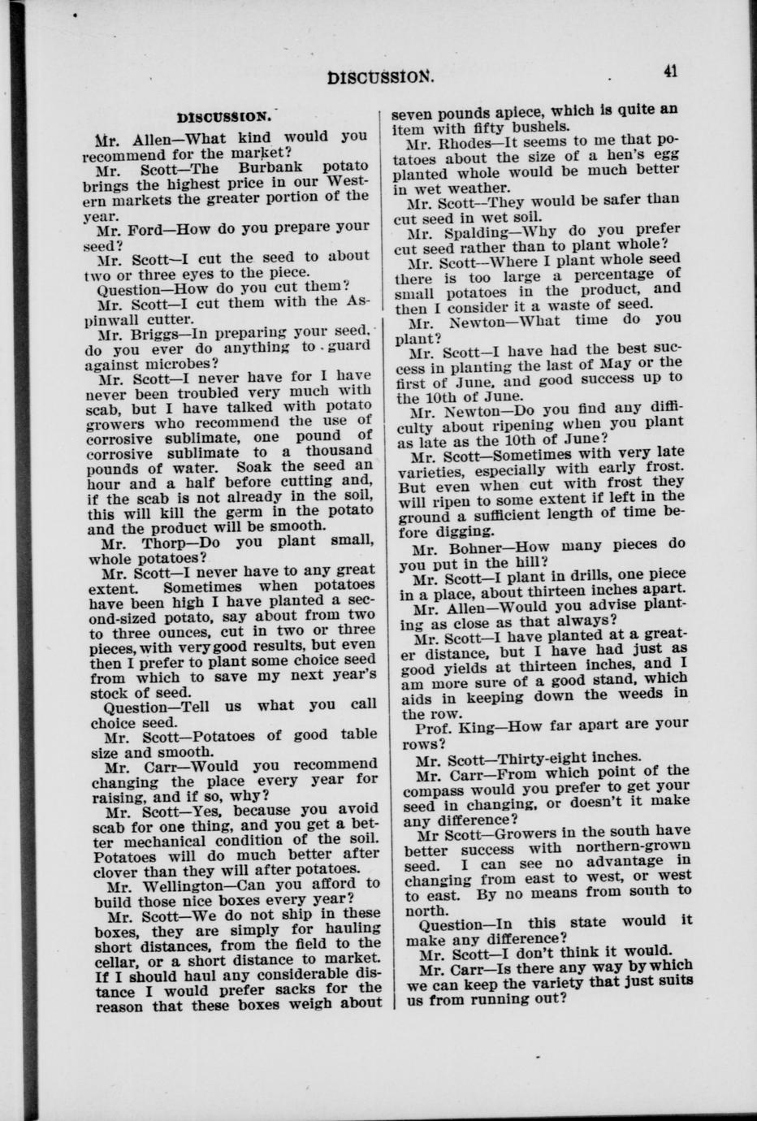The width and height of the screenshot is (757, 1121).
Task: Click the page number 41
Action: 670,71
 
